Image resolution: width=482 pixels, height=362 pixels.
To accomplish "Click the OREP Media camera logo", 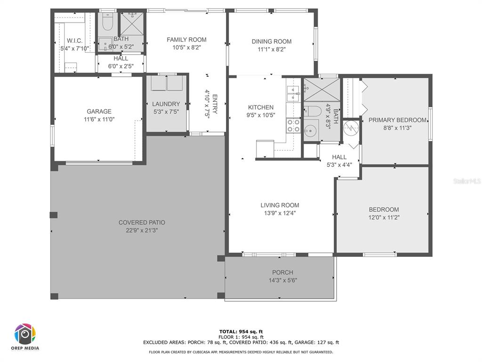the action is [25, 334].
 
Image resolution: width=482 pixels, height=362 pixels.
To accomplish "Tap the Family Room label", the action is [186, 40].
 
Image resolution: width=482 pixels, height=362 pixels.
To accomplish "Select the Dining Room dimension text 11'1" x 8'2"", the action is [272, 49].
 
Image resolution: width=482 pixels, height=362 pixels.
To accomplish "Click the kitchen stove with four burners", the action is [293, 125].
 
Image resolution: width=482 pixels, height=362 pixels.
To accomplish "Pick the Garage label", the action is [99, 111].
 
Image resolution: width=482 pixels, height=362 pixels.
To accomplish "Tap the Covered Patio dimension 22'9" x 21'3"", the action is [142, 230].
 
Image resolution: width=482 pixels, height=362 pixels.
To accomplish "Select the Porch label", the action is [282, 272].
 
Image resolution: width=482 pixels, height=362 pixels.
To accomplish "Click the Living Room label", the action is [280, 206].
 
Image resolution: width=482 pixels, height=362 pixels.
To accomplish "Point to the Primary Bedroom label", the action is [397, 120].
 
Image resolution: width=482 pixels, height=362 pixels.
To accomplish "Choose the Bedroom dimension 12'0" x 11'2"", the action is [384, 218].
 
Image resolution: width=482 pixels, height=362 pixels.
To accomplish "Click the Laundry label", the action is [166, 104].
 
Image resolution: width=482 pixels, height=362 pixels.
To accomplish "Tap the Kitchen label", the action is [261, 107].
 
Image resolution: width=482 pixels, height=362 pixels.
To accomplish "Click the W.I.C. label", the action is [74, 41].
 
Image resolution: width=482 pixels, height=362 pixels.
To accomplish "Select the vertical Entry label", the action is [215, 104].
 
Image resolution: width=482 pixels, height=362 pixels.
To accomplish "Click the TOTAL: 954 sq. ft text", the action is [241, 331].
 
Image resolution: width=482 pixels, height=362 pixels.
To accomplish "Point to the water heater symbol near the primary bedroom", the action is [351, 127].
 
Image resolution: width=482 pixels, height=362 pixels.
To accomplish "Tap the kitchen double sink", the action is [293, 93].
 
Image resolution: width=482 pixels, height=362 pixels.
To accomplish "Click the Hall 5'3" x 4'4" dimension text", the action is [339, 165].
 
